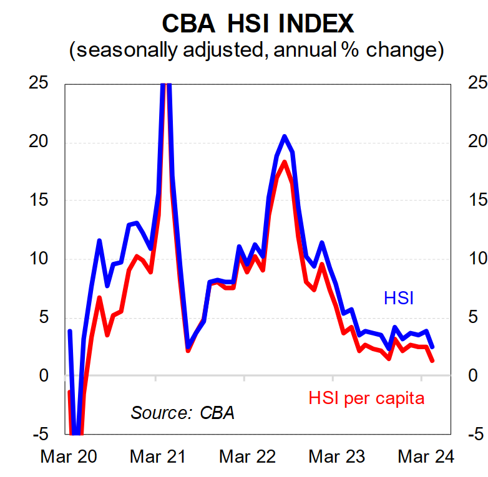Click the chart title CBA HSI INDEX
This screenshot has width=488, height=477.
pyautogui.click(x=258, y=23)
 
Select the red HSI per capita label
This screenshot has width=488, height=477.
pyautogui.click(x=366, y=398)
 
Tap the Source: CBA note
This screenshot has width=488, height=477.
pyautogui.click(x=182, y=412)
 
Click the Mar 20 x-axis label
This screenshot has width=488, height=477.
pyautogui.click(x=69, y=456)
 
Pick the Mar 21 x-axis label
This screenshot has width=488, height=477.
pyautogui.click(x=158, y=456)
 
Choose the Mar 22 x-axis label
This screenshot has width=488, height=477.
pyautogui.click(x=247, y=456)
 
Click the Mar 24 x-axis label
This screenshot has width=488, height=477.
pyautogui.click(x=427, y=456)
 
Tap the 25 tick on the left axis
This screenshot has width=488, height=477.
pyautogui.click(x=41, y=84)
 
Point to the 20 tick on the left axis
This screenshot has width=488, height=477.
pyautogui.click(x=41, y=142)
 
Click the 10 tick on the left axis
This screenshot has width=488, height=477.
pyautogui.click(x=41, y=259)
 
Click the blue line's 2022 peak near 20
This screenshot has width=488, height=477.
pyautogui.click(x=284, y=136)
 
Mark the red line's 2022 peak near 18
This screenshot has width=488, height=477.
pyautogui.click(x=284, y=162)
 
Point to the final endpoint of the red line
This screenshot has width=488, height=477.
pyautogui.click(x=432, y=360)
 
